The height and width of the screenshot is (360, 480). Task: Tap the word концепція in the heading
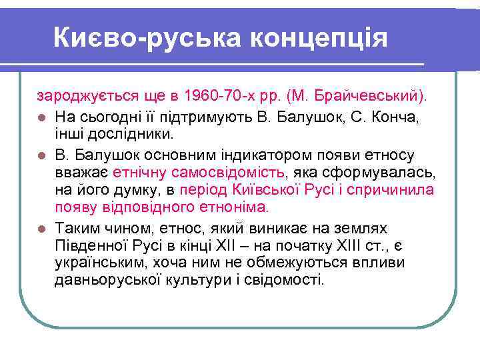(319, 38)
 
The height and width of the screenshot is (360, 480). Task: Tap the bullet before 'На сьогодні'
(41, 118)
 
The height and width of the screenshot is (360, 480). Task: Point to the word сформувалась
(387, 173)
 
